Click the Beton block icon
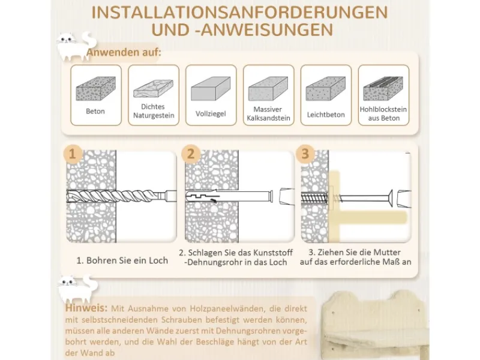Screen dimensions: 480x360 95,89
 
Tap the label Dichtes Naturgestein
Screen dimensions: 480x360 154,111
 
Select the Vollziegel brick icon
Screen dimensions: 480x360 211,88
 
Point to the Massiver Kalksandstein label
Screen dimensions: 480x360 268,113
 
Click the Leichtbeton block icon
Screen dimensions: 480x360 326,88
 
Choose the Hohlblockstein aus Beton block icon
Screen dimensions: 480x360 383,88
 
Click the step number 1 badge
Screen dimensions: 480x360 72,154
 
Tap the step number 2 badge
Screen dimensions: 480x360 190,154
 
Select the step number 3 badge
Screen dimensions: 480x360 305,154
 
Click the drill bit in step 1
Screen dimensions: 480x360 121,196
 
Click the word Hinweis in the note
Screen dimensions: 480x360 86,308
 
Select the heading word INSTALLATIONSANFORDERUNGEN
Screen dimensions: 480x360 239,12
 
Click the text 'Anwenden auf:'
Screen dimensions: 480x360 124,52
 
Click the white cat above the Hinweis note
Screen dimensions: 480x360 78,288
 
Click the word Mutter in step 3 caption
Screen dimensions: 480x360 386,253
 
